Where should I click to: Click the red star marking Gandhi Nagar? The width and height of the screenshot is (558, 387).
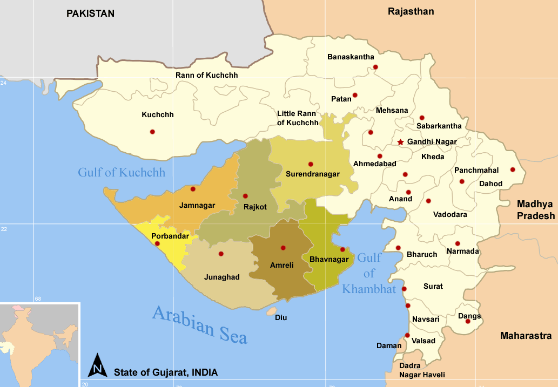click(400, 142)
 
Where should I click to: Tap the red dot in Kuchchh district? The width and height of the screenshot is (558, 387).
click(152, 132)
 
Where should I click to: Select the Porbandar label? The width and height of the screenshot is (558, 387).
click(170, 236)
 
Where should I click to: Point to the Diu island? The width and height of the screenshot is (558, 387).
click(271, 311)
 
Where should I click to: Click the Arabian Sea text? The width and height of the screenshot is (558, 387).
click(200, 324)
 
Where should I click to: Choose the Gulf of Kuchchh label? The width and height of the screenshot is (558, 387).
click(122, 173)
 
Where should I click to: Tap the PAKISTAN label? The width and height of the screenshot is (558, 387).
click(90, 13)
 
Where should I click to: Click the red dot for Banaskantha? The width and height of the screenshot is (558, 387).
click(375, 67)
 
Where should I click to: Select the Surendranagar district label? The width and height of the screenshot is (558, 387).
click(312, 174)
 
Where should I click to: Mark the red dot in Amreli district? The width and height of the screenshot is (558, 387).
click(283, 248)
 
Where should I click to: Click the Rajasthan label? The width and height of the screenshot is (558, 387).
click(411, 11)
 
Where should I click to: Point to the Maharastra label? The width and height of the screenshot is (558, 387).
click(526, 336)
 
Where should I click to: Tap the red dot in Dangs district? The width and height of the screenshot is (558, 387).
click(468, 321)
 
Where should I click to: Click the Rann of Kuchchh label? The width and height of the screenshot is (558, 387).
click(206, 75)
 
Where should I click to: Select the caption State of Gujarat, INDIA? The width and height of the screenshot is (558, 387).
click(166, 372)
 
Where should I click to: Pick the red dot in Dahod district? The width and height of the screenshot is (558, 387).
click(513, 169)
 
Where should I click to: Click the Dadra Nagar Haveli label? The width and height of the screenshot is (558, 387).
click(422, 370)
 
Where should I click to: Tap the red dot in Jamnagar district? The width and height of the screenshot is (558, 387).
click(193, 189)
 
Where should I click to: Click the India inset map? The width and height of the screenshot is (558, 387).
click(39, 344)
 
